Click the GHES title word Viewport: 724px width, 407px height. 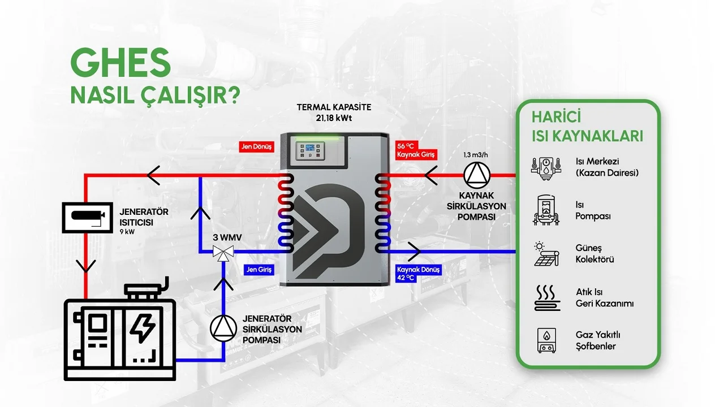120,63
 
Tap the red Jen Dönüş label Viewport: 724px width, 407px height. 257,147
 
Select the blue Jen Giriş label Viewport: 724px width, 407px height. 258,270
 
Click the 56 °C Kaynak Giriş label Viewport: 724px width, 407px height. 416,150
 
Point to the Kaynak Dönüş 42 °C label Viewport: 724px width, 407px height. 417,274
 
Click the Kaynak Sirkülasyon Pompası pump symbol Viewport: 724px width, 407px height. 476,175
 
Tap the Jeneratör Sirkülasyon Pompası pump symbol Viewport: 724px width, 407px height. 223,327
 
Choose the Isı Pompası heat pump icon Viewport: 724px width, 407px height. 545,210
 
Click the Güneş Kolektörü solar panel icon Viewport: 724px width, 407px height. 546,254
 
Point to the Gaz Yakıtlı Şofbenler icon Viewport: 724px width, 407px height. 546,340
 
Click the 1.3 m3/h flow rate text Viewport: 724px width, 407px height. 476,154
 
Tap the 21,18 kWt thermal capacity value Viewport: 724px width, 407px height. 334,118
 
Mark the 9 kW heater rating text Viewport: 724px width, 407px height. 127,231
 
